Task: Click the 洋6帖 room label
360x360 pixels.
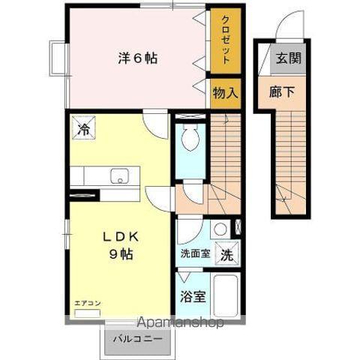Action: pos(137,58)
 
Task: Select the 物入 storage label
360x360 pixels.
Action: pos(224,94)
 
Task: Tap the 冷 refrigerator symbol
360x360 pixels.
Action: pos(83,127)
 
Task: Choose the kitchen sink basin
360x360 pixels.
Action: pos(118,176)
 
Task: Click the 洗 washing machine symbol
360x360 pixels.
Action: pos(226,253)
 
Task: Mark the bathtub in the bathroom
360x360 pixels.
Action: pos(226,295)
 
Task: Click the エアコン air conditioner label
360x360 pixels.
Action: pos(88,303)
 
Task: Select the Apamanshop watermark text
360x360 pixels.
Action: pos(179,323)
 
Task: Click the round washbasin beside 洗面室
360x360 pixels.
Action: pos(220,229)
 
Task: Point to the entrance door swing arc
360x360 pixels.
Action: pos(288,26)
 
